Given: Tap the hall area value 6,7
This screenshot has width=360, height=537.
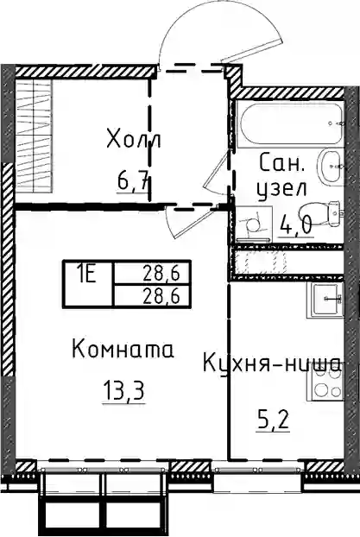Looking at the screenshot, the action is click(133, 180).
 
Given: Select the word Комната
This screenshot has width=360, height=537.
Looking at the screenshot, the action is click(123, 351).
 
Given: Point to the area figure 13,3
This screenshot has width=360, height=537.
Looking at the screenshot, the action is click(123, 391).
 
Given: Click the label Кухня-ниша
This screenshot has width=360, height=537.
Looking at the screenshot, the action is click(272, 364).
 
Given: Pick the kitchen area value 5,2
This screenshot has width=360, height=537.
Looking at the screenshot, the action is click(273, 421).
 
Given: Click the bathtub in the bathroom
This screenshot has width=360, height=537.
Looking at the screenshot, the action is click(292, 124).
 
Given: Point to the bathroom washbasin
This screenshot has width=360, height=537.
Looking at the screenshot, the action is click(332, 166).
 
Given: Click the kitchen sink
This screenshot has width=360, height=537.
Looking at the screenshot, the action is click(328, 299).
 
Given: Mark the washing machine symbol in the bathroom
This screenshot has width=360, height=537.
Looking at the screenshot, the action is click(254, 224).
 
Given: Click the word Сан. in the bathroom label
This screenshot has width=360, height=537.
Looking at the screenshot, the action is click(281, 163).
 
